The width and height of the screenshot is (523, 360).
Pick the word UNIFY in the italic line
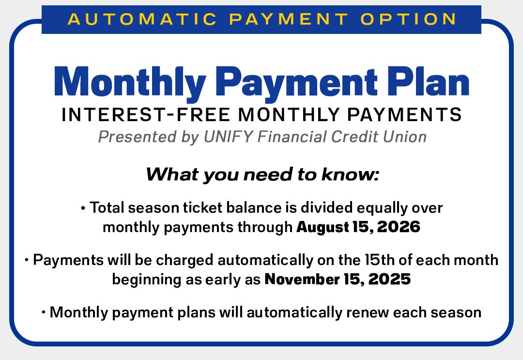[x=228, y=137]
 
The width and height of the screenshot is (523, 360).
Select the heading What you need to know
[x=261, y=174]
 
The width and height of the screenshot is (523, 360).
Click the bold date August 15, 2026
[x=358, y=227]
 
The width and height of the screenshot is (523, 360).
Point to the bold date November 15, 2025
[x=338, y=280]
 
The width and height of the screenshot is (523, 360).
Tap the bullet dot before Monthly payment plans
[x=44, y=313]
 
